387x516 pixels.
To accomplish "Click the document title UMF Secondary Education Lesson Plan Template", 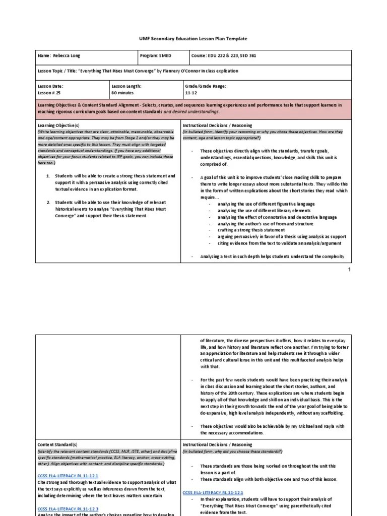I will click(193, 39).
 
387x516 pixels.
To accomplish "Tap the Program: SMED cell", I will click(157, 55).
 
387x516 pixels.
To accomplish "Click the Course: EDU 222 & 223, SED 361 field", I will click(224, 55).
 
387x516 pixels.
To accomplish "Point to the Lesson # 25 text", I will click(49, 93).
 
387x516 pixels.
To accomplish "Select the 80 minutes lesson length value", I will click(123, 93).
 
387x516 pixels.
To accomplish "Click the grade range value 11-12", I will click(191, 93).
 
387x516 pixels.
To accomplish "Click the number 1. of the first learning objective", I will click(48, 176).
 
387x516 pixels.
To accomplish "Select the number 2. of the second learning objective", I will click(48, 202).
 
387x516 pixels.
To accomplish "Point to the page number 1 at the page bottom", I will click(349, 270).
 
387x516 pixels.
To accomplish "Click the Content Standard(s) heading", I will click(57, 444).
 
